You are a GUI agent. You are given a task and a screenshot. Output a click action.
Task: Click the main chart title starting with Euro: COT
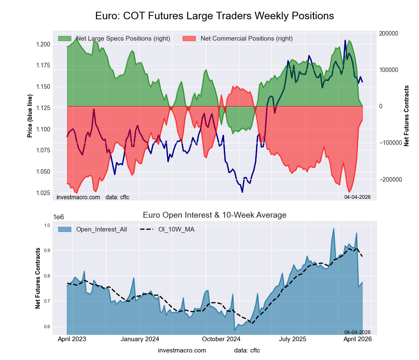coord(215,16)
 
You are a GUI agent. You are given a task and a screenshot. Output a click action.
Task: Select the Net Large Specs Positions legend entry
coord(123,39)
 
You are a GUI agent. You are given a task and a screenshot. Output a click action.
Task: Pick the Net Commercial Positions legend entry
coord(246,39)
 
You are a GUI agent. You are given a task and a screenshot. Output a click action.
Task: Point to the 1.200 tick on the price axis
coord(43,44)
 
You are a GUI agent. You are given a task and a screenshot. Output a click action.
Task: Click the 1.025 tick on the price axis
coord(43,193)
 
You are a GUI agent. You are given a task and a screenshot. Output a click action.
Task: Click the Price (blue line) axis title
coord(30,116)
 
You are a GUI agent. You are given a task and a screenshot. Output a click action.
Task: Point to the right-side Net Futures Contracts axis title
coord(406,116)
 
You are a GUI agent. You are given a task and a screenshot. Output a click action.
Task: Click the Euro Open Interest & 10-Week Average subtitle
coord(215,215)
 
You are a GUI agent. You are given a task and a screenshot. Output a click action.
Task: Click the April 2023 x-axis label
coord(72,339)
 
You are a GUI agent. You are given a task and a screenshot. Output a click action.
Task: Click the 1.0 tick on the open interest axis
coord(47,226)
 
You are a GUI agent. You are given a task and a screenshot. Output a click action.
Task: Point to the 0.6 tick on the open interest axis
coord(47,327)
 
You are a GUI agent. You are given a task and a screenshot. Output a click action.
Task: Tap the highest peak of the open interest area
coord(334,228)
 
